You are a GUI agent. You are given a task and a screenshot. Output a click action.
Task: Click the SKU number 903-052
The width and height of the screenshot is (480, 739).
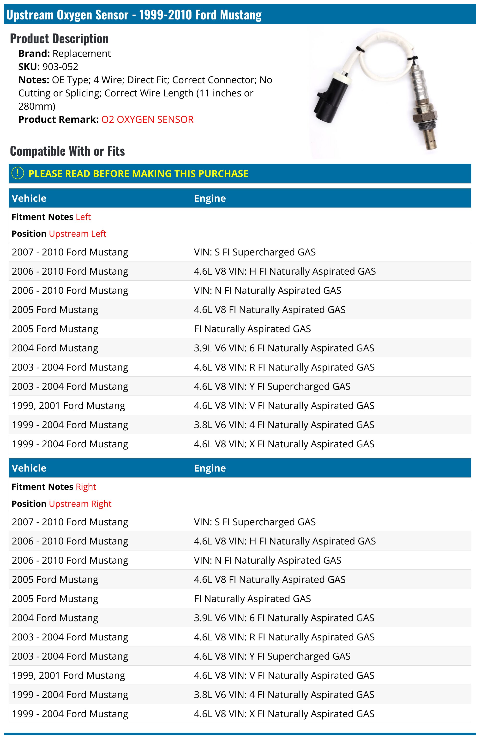60,67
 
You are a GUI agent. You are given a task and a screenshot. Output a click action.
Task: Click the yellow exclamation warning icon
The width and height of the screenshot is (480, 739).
18,173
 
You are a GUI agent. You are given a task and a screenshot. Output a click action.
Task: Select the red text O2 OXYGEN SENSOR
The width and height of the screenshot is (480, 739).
147,119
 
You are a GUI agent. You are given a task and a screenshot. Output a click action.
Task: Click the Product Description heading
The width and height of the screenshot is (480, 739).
59,39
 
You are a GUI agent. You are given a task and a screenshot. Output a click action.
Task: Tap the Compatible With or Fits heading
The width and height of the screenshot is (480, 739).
67,151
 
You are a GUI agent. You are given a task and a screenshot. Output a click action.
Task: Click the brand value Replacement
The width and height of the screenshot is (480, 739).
81,54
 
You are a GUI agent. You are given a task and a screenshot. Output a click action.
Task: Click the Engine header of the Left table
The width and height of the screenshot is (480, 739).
210,198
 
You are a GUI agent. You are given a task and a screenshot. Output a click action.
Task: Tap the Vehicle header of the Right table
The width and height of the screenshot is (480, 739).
29,468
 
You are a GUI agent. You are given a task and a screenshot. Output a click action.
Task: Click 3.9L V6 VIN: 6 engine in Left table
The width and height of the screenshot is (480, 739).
284,348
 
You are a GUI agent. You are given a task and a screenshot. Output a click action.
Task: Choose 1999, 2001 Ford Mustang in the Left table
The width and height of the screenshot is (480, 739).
68,406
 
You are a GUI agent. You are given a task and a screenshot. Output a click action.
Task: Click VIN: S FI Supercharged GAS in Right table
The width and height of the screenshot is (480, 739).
254,522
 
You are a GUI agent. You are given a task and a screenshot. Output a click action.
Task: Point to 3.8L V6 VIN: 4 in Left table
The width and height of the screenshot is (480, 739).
284,425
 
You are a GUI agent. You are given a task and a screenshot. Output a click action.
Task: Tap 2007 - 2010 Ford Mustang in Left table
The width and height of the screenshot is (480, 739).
70,252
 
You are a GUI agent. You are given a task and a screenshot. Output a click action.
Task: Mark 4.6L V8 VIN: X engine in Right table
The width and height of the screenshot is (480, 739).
284,714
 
